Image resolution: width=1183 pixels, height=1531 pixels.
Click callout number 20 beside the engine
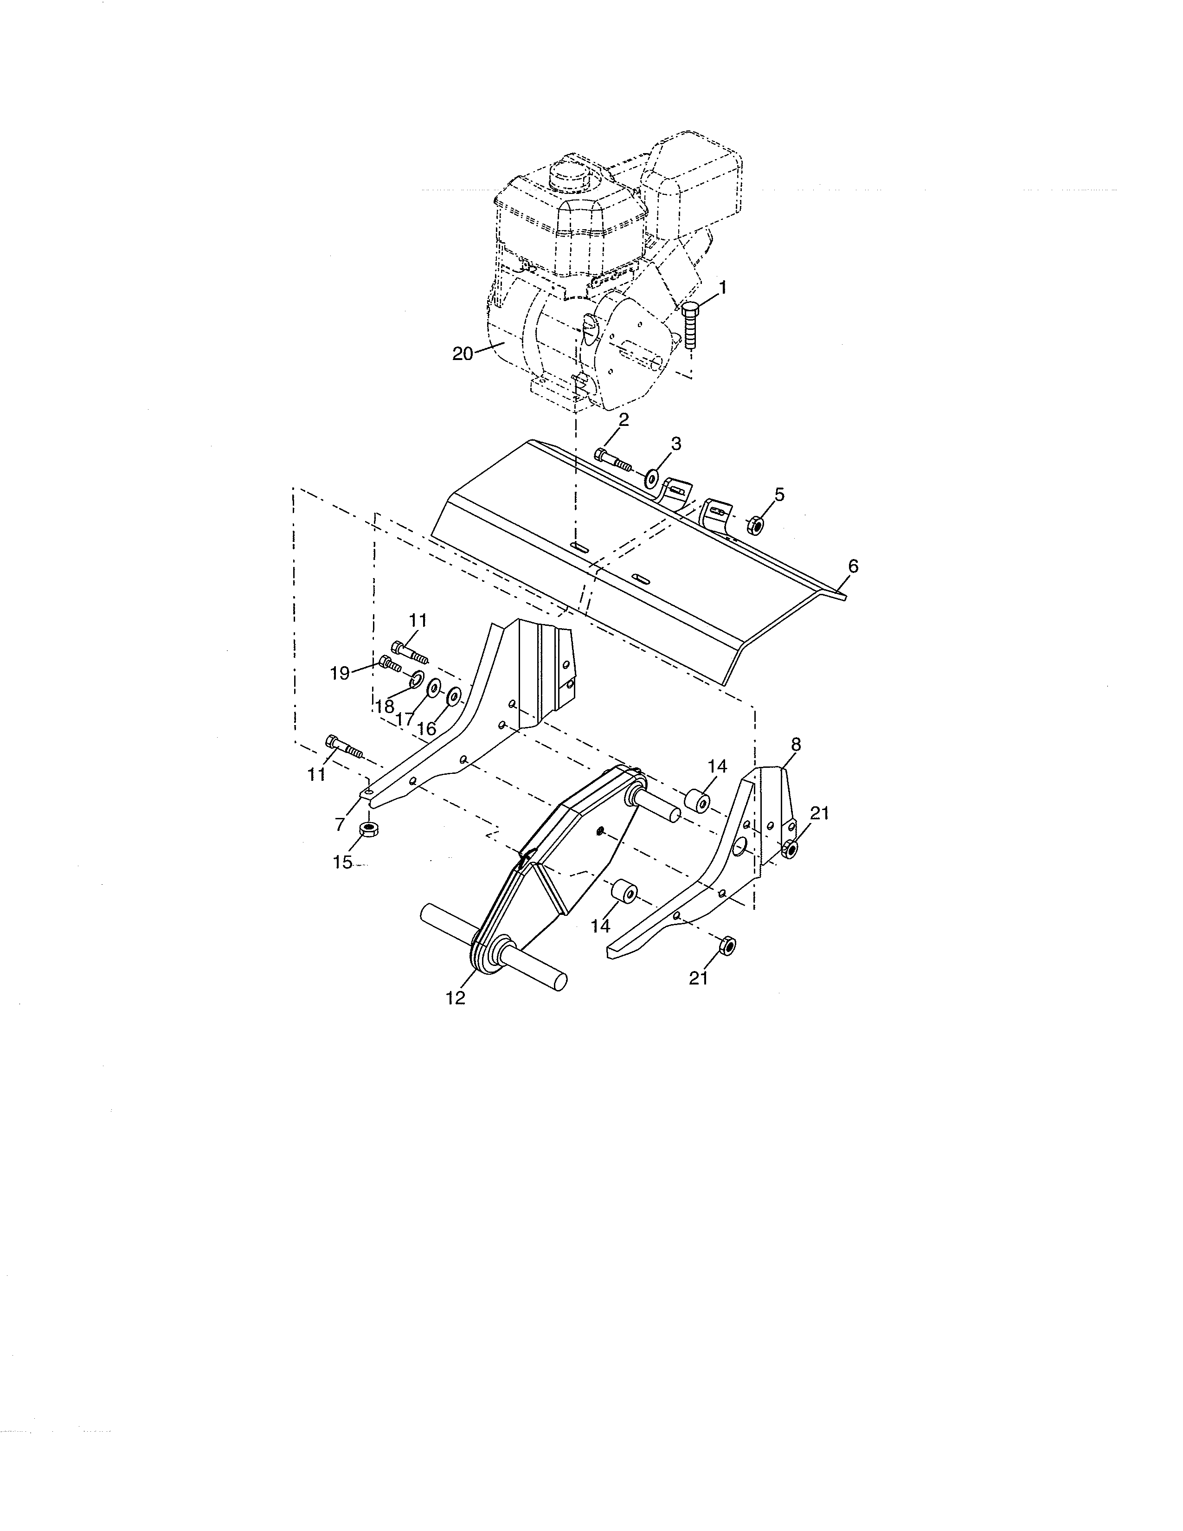[463, 354]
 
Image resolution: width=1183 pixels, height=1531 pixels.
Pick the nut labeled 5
[755, 524]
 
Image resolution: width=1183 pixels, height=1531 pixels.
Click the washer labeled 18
[416, 678]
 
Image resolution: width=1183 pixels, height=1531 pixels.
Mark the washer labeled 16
[453, 697]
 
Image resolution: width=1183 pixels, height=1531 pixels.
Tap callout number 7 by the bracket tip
[340, 824]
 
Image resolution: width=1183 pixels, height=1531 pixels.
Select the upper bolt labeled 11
[409, 652]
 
